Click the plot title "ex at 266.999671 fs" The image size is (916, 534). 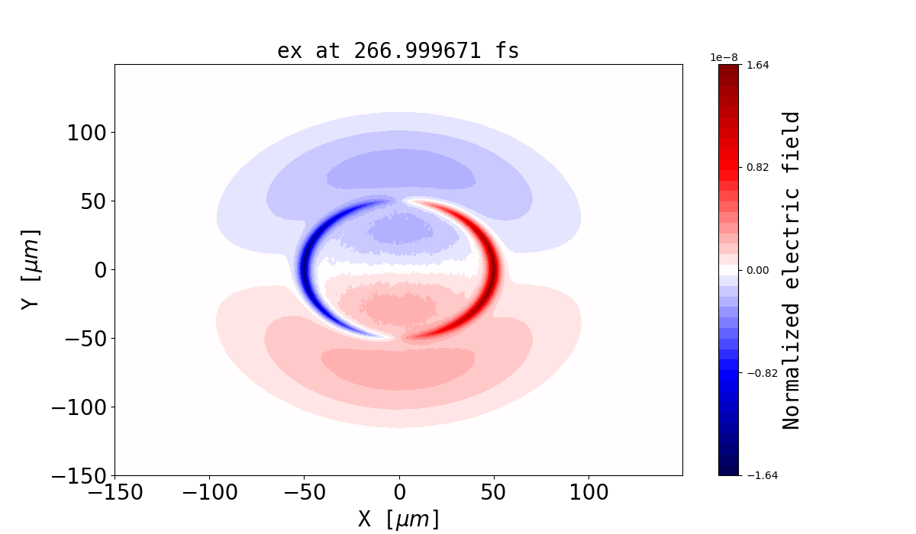398,51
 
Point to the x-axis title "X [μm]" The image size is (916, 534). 398,519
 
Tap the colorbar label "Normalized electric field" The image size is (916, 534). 792,270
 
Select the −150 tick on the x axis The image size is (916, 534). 115,493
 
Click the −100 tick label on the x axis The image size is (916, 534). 210,493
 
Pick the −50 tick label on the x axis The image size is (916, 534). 305,493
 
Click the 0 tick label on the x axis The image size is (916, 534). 399,493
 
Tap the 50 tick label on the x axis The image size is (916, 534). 494,493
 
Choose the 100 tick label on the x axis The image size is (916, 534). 589,493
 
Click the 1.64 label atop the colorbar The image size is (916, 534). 757,65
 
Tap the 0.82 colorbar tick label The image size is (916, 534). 757,167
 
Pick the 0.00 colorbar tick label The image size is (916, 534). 757,270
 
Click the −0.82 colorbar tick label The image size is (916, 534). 755,373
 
